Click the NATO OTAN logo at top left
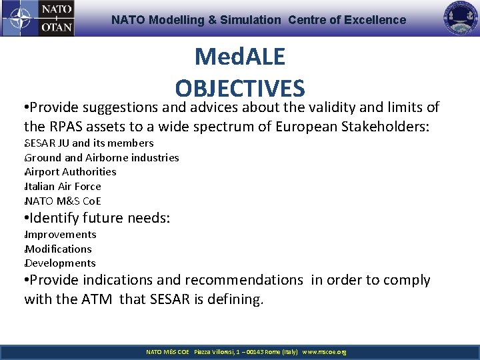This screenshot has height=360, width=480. coord(38,19)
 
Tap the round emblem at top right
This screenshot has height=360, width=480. coord(461,19)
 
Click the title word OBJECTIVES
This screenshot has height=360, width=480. coord(240,89)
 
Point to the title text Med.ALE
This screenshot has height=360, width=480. coord(240,57)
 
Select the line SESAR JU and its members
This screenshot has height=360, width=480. coord(89,143)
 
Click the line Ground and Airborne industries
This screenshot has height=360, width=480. coord(101,158)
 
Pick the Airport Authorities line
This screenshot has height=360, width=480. coord(70,172)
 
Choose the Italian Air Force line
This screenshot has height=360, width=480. coord(63,187)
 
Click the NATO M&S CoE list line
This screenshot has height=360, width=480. coord(63,201)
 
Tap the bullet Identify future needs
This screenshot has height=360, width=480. coord(97,218)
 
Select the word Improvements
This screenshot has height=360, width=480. coord(60,235)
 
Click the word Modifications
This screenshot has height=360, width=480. coord(58,249)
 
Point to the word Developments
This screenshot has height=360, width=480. coord(60,263)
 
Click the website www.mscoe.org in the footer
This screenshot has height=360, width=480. coord(324,352)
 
